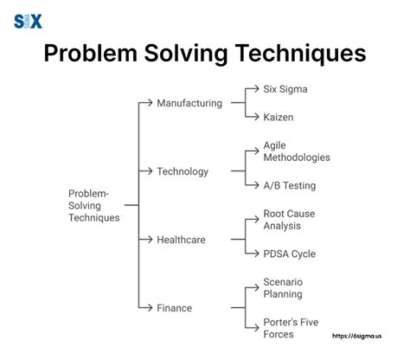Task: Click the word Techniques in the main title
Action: tap(293, 55)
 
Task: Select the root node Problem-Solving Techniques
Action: tap(93, 205)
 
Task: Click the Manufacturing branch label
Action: tap(189, 103)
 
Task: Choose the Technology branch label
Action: tap(183, 171)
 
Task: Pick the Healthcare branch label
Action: tap(181, 239)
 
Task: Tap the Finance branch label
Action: tap(175, 307)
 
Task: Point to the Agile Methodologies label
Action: tap(296, 151)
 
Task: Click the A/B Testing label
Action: tap(289, 184)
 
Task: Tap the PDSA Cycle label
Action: tap(289, 254)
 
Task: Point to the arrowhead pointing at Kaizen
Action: tap(255, 116)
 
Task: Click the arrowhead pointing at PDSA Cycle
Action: tap(255, 254)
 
